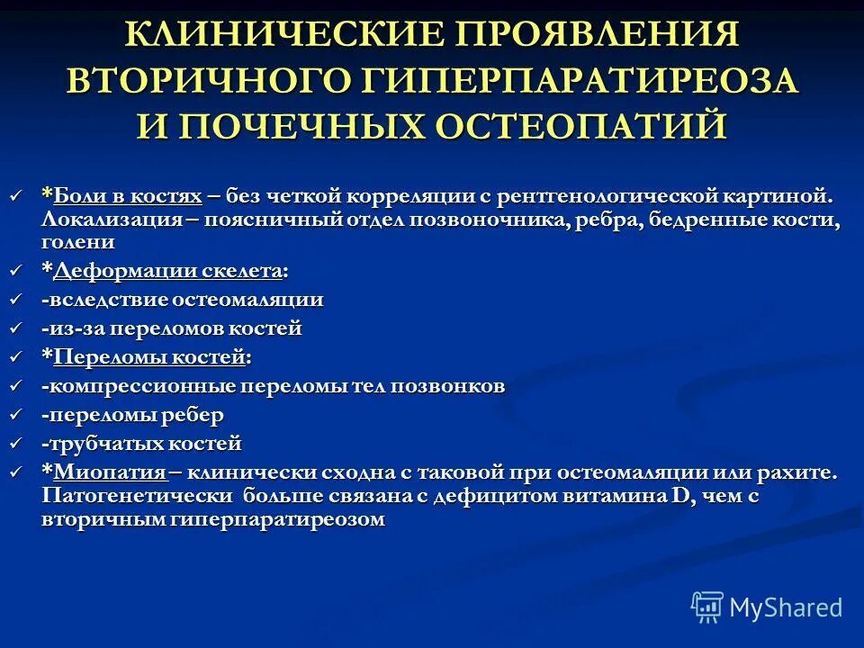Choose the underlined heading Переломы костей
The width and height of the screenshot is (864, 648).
click(149, 358)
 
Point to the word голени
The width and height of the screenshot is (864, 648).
click(78, 243)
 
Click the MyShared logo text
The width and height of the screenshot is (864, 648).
click(786, 607)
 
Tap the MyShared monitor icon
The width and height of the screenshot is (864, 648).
click(707, 607)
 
